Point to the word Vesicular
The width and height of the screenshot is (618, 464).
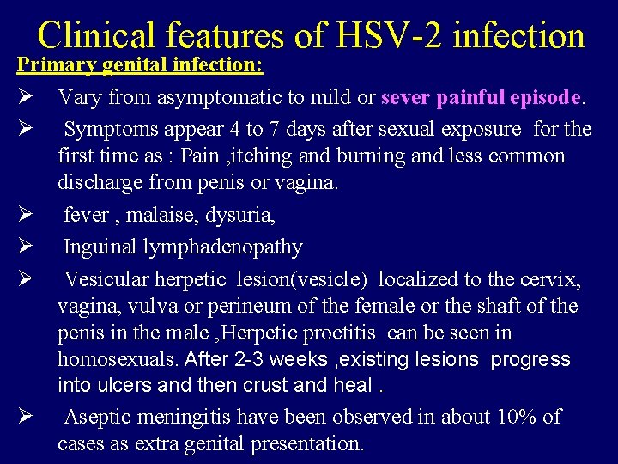coord(104,279)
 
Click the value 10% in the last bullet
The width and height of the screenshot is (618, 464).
coord(514,418)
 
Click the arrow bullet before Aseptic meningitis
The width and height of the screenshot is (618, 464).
coord(26,418)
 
